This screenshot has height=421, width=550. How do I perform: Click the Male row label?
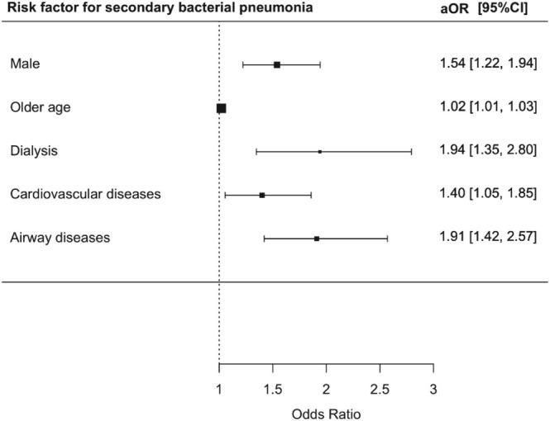(x=25, y=64)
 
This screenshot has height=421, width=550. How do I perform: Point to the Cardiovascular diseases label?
(x=85, y=195)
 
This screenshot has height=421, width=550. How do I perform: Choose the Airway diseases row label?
(x=60, y=239)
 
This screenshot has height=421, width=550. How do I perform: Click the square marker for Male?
(x=277, y=64)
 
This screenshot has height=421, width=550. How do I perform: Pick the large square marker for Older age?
(x=221, y=108)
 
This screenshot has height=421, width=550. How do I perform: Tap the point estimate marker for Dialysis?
(x=320, y=152)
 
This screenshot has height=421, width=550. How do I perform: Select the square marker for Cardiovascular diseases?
(x=262, y=196)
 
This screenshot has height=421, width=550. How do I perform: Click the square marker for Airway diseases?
(x=317, y=239)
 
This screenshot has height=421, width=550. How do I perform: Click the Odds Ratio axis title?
(x=326, y=410)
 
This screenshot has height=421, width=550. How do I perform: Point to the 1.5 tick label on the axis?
(x=272, y=388)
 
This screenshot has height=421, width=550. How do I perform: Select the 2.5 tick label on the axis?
(x=380, y=388)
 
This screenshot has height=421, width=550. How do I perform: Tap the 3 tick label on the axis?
(x=433, y=388)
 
